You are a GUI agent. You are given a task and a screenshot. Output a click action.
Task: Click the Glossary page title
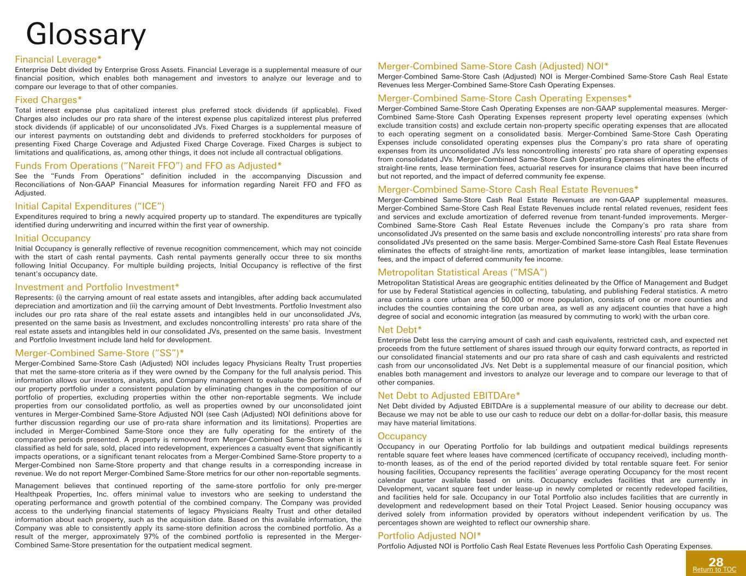pyautogui.click(x=86, y=34)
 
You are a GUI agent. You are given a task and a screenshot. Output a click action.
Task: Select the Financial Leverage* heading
pyautogui.click(x=58, y=59)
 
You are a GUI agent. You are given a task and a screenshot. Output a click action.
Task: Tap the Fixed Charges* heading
pyautogui.click(x=49, y=100)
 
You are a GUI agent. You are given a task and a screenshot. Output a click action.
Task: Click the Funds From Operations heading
pyautogui.click(x=148, y=165)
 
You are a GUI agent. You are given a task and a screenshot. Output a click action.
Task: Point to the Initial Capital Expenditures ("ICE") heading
pyautogui.click(x=90, y=206)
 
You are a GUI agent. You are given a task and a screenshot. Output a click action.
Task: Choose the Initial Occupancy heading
pyautogui.click(x=52, y=238)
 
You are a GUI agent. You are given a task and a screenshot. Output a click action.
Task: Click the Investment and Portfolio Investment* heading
pyautogui.click(x=97, y=287)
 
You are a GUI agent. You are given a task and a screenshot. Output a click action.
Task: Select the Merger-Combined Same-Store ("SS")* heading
pyautogui.click(x=99, y=352)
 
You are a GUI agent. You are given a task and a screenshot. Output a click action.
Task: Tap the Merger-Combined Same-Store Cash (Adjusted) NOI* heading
pyautogui.click(x=494, y=66)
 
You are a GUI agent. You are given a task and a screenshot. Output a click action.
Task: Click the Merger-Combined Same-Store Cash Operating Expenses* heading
pyautogui.click(x=505, y=98)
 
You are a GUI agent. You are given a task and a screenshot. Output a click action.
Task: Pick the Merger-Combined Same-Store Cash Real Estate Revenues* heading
pyautogui.click(x=508, y=189)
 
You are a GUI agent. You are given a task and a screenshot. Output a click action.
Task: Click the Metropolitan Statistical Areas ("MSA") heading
pyautogui.click(x=462, y=272)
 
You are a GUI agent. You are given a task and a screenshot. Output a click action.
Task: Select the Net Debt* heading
pyautogui.click(x=400, y=329)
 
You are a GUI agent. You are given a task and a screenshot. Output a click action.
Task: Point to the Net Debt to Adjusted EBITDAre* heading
pyautogui.click(x=449, y=395)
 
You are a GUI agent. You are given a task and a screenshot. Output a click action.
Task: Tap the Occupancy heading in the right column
pyautogui.click(x=402, y=436)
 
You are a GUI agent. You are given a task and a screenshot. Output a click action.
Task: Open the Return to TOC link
pyautogui.click(x=714, y=569)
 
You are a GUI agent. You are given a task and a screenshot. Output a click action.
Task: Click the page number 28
pyautogui.click(x=715, y=562)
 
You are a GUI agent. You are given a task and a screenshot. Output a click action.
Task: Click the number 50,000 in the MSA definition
pyautogui.click(x=496, y=300)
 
